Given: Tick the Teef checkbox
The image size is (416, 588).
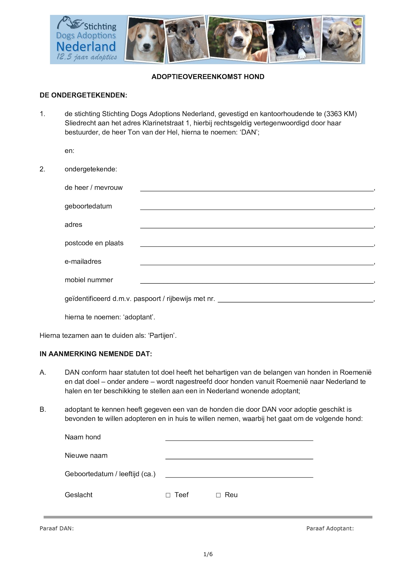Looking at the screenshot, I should (168, 495).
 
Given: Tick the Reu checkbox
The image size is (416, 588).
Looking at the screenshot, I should (218, 495).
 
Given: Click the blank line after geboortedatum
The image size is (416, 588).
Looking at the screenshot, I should (256, 207).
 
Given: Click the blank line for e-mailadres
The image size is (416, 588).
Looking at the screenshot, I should (256, 262).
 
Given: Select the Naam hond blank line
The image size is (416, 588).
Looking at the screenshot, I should (239, 438).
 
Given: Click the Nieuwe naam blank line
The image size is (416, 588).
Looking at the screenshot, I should (239, 456).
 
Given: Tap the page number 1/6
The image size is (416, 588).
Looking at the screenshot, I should (208, 554).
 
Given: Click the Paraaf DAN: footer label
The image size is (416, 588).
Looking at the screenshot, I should (56, 528).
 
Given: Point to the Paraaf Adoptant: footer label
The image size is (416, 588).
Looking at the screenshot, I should (330, 528).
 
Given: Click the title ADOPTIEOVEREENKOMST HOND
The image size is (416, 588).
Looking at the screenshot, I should (208, 77).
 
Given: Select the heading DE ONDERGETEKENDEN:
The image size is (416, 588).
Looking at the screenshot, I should (83, 95).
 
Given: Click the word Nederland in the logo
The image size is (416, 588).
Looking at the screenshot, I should (86, 47).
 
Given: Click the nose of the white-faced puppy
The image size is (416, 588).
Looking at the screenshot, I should (146, 46).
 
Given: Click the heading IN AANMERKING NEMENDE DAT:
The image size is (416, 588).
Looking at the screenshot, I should (96, 354).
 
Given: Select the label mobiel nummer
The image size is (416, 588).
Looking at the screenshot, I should (89, 280).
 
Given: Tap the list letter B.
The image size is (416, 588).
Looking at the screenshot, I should (42, 410).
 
